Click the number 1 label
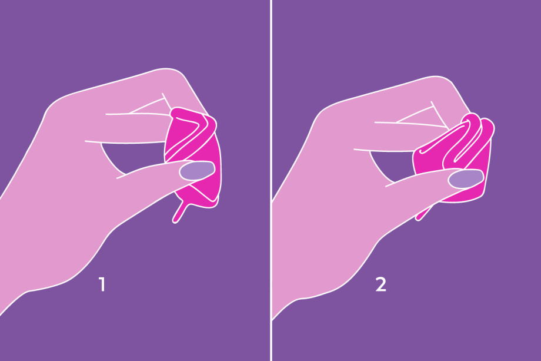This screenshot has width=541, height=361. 102,284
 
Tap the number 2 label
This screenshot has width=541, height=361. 381,284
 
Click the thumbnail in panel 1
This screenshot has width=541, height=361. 197,171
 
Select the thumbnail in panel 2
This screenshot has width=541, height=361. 466,179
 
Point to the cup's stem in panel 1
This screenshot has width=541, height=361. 180,212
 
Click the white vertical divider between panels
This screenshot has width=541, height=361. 271,180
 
